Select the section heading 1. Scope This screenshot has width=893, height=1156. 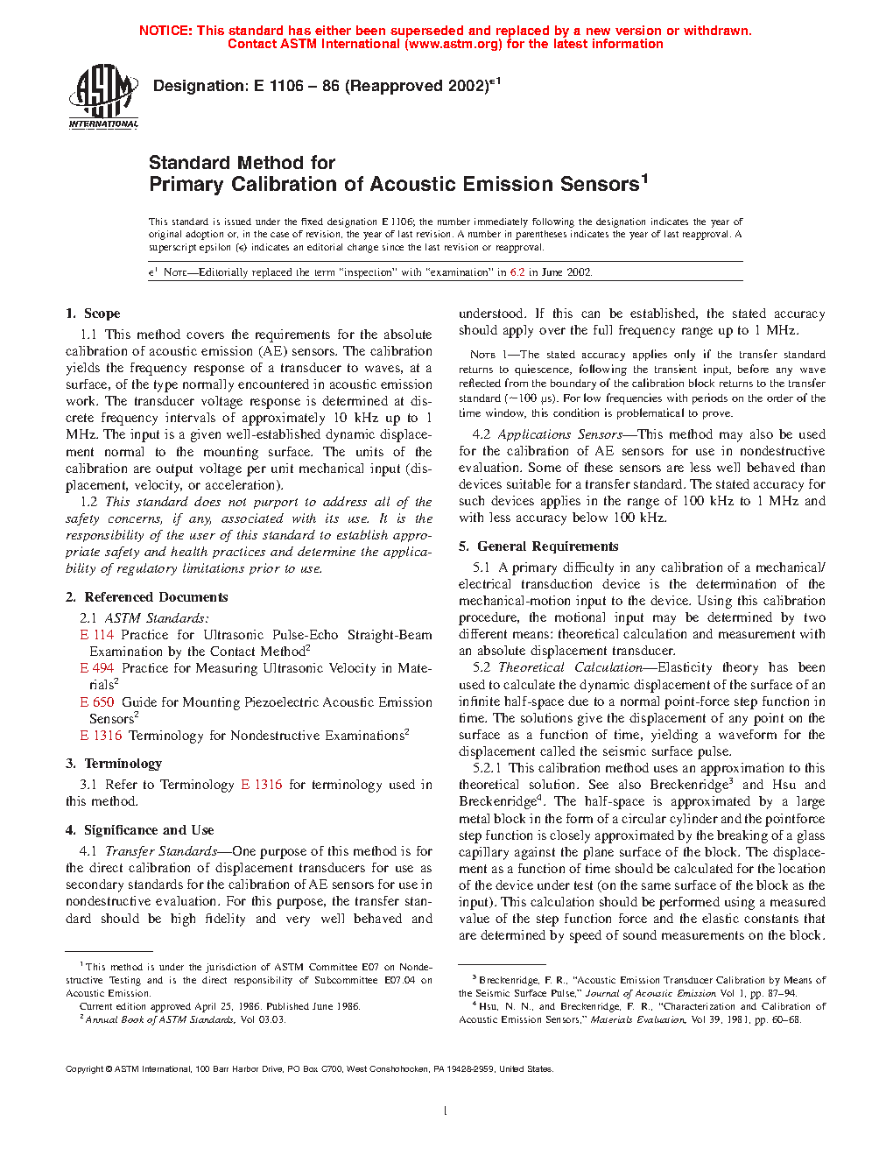(93, 314)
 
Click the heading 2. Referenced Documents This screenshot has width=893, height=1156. (147, 597)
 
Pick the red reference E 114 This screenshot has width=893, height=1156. (97, 635)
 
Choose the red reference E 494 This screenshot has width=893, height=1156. (97, 668)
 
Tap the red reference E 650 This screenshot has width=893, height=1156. (97, 702)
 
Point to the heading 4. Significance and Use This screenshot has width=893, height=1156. (140, 830)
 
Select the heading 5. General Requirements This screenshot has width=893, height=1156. (538, 546)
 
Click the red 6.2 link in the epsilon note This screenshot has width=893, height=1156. (517, 272)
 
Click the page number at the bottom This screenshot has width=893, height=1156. (446, 1111)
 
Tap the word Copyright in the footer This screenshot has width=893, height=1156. (85, 1069)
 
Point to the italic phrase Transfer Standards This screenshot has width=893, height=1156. (161, 851)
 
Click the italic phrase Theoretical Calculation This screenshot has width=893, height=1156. (570, 667)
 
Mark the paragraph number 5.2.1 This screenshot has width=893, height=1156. (487, 768)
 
